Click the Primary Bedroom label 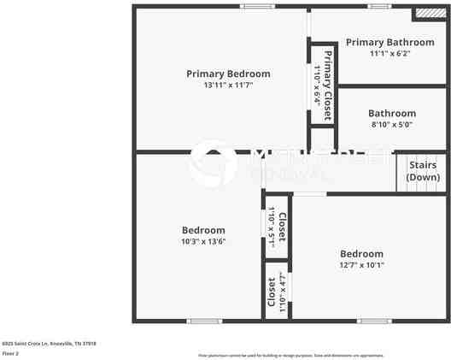pyautogui.click(x=228, y=74)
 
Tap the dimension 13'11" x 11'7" pyautogui.click(x=228, y=86)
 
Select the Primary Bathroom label pyautogui.click(x=389, y=42)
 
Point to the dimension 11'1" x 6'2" pyautogui.click(x=389, y=53)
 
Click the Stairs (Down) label pyautogui.click(x=423, y=171)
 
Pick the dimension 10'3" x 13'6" pyautogui.click(x=203, y=242)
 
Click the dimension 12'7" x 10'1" pyautogui.click(x=361, y=265)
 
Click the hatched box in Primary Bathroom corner pyautogui.click(x=425, y=14)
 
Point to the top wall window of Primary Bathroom pyautogui.click(x=378, y=6)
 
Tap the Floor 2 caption pyautogui.click(x=10, y=352)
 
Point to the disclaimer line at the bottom pyautogui.click(x=291, y=354)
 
